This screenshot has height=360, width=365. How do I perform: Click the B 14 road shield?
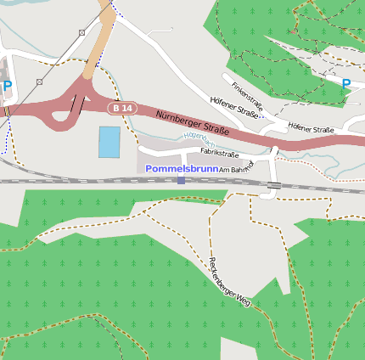point(122,109)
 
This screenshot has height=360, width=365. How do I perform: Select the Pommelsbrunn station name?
point(181,169)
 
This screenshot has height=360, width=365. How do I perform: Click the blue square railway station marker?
point(181,180)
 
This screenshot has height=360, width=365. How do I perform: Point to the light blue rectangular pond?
point(109,142)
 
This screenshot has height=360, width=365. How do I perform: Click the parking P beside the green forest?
point(346,84)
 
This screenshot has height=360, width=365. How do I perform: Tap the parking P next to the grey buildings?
point(8,86)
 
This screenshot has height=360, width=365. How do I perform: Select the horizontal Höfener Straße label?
point(311,129)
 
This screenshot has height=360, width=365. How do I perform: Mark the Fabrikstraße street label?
point(219,154)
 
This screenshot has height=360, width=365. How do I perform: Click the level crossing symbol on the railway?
point(274,185)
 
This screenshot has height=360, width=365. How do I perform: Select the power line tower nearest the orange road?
point(81,32)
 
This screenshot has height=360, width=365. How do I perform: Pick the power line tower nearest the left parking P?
point(39,82)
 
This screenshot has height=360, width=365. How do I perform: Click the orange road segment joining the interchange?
point(100,38)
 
